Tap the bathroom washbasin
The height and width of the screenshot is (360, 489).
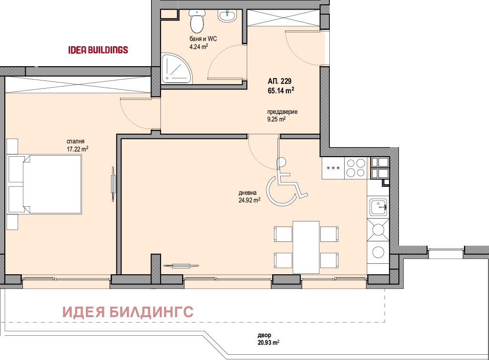(227, 16)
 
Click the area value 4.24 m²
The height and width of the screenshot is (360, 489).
(199, 47)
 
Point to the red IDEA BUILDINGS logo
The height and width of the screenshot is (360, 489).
(98, 50)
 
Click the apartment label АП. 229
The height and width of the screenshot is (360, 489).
(279, 81)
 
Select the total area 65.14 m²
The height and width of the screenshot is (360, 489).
(281, 90)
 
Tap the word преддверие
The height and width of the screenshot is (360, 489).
(282, 112)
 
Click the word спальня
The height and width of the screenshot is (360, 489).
(75, 141)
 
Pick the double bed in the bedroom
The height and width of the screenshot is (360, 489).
(45, 184)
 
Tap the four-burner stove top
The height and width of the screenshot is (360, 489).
(356, 168)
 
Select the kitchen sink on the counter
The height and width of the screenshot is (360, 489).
(378, 207)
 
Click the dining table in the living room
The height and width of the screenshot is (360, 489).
(306, 247)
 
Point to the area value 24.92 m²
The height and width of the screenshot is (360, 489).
(249, 200)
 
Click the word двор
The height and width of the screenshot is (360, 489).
(264, 335)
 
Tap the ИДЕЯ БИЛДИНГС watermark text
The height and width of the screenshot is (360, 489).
(128, 312)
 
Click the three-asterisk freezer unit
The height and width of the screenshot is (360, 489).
(333, 168)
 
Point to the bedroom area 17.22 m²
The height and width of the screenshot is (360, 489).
(77, 150)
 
